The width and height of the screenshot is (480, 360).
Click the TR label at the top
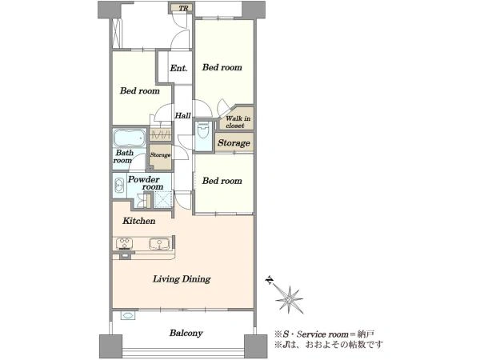(x=183, y=8)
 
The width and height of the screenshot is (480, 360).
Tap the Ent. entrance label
(x=178, y=68)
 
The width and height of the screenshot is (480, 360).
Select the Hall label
(x=182, y=116)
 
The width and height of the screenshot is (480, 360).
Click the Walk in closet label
(x=238, y=122)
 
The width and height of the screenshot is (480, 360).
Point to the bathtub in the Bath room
(x=129, y=138)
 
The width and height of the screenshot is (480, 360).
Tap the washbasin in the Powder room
(x=118, y=186)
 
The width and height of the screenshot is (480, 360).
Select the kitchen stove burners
(x=124, y=244)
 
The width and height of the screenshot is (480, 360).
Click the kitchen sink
(x=159, y=244)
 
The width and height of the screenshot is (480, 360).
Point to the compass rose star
(x=290, y=299)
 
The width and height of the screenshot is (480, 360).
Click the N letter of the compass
(x=269, y=280)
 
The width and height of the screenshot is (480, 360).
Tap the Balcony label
(x=186, y=333)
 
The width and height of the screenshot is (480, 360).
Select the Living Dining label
(x=182, y=279)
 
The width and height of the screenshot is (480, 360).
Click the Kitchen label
(x=138, y=221)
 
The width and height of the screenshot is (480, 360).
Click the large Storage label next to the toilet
(x=234, y=143)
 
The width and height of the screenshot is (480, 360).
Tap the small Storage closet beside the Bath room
(x=160, y=157)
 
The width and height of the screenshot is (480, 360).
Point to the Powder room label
(x=145, y=183)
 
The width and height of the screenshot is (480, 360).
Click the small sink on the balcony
(x=127, y=316)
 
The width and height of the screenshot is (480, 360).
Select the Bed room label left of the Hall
(x=139, y=90)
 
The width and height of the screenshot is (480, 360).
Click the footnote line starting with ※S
(x=324, y=334)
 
